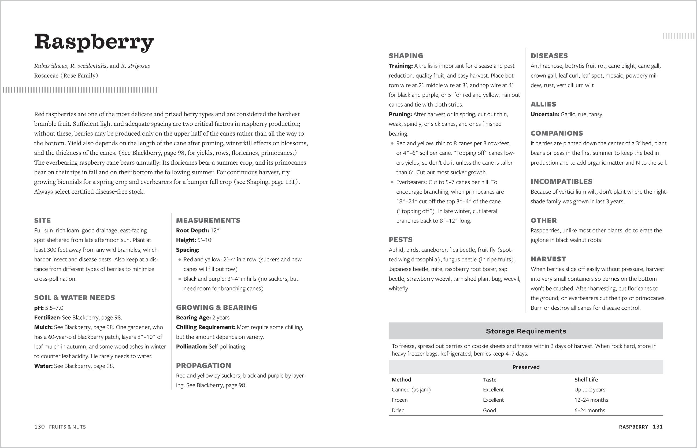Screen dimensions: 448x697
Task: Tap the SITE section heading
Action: [42, 220]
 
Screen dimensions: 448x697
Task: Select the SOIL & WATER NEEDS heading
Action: [75, 298]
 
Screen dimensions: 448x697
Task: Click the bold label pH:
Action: [39, 308]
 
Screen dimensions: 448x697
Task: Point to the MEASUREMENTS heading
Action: [208, 220]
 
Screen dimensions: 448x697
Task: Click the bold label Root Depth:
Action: [192, 230]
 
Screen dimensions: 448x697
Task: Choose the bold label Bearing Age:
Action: [193, 317]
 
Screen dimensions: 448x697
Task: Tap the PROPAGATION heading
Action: [204, 366]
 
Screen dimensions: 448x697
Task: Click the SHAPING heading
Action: [406, 56]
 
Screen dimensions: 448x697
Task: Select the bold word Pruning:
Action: [400, 114]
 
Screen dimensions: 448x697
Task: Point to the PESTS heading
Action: [401, 240]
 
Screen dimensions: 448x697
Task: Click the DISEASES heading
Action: [549, 56]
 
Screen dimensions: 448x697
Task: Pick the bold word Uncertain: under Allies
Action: [545, 114]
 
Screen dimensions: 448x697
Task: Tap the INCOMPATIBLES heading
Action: [561, 182]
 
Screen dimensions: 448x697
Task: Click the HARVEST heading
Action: [548, 259]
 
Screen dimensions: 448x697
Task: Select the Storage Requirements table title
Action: [526, 331]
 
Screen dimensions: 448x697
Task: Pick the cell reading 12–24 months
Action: [591, 400]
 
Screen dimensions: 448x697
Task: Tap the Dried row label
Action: [398, 410]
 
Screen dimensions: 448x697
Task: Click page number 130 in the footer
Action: [39, 427]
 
